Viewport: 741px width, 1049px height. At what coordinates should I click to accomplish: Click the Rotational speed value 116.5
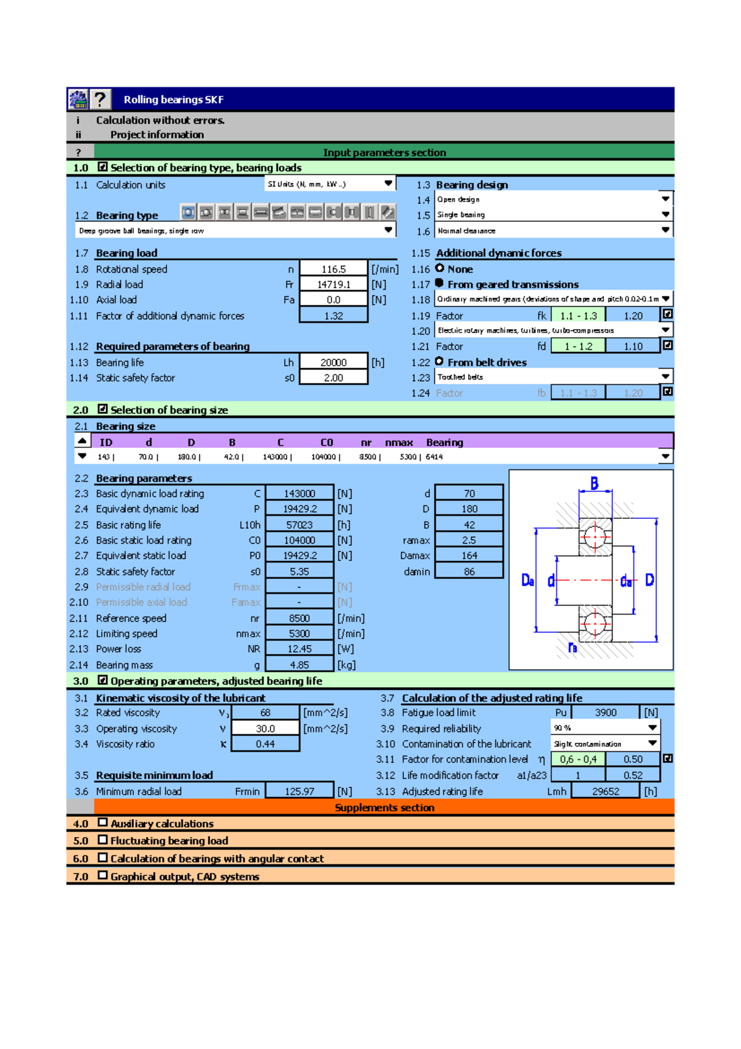[333, 269]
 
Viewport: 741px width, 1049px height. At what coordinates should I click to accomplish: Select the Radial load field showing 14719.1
[333, 285]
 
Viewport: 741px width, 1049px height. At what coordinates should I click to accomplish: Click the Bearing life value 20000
[333, 363]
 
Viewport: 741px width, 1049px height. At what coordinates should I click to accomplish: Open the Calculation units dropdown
[388, 184]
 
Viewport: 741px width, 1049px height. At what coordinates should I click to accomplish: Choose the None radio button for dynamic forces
[440, 268]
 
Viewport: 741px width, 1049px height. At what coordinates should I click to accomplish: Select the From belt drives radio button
[440, 361]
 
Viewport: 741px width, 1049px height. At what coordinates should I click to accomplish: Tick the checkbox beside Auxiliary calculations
[103, 823]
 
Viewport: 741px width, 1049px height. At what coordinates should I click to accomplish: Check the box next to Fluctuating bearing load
[103, 840]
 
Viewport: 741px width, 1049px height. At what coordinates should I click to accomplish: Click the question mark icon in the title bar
[100, 99]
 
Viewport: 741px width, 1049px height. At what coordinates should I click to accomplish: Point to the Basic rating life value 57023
[299, 525]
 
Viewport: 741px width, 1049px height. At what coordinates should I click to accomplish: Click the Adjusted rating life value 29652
[605, 791]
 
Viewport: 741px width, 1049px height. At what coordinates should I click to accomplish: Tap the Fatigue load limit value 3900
[605, 713]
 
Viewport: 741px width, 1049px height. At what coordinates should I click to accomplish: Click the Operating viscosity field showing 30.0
[265, 729]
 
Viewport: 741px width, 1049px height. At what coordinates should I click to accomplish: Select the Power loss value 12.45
[299, 649]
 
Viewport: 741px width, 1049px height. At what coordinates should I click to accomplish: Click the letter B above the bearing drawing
[594, 484]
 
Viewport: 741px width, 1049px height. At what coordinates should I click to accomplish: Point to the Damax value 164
[469, 556]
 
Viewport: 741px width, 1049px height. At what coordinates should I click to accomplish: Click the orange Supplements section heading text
[384, 808]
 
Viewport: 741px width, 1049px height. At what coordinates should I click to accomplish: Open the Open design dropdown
[665, 199]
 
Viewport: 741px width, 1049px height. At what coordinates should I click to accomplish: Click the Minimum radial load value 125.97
[299, 791]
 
